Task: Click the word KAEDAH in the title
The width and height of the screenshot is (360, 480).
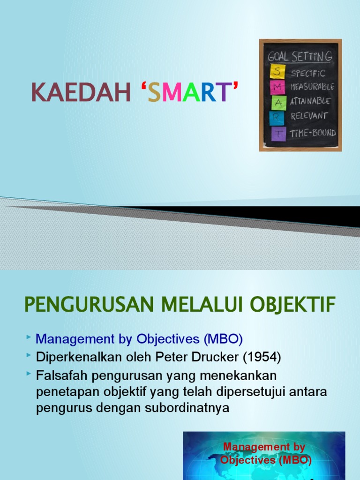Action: click(81, 92)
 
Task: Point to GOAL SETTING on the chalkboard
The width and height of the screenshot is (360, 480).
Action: click(300, 57)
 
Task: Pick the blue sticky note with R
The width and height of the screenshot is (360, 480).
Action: click(277, 118)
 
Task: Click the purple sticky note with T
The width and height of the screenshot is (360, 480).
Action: click(278, 133)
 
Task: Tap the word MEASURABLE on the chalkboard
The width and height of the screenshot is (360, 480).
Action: click(312, 87)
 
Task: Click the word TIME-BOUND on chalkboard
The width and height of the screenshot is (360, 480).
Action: click(313, 133)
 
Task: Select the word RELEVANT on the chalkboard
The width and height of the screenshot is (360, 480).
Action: click(309, 116)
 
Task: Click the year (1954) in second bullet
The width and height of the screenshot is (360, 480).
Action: click(262, 358)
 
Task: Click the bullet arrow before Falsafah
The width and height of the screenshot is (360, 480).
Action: click(30, 373)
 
